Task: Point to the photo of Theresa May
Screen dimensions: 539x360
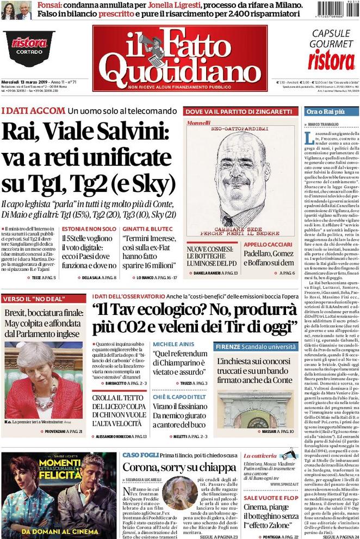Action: coord(43,373)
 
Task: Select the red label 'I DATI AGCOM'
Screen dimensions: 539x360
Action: coord(33,111)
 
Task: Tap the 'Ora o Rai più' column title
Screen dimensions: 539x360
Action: coord(326,111)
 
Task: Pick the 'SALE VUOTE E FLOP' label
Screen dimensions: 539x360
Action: coord(270,498)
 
